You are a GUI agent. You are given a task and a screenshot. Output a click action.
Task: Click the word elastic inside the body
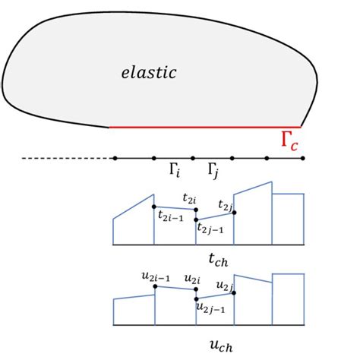(149, 74)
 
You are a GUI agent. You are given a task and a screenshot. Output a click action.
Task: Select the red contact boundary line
(205, 127)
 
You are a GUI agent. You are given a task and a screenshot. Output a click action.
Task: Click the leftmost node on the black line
(115, 158)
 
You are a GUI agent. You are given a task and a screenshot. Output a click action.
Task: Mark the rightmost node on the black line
(303, 158)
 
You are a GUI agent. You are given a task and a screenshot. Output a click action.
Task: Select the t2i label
(189, 197)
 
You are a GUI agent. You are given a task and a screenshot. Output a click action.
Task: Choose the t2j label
(225, 205)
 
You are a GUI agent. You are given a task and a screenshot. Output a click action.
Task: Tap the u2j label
(223, 286)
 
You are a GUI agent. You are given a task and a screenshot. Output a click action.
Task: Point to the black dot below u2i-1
(155, 287)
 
